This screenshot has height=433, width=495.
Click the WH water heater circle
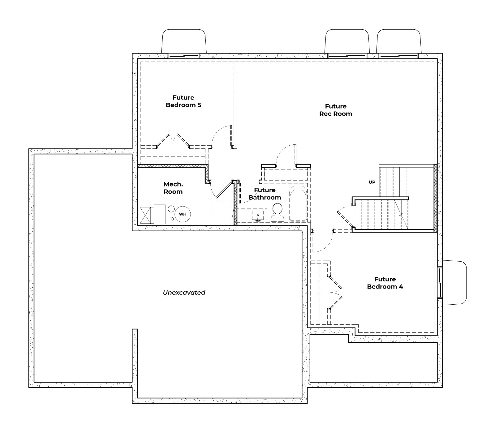[x=183, y=214]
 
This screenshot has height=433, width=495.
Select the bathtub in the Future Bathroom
[x=298, y=203]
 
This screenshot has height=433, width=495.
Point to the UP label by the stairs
[x=372, y=182]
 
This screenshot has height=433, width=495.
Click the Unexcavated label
[x=184, y=293]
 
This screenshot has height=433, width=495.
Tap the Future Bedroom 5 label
[x=183, y=101]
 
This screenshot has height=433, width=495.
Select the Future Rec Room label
[x=336, y=110]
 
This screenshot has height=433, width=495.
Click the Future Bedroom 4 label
[x=385, y=283]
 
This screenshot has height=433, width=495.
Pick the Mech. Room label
[x=173, y=188]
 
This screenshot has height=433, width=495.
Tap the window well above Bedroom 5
[x=184, y=41]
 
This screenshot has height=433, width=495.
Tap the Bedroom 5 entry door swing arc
[x=220, y=135]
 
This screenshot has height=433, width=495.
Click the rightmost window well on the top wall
[x=399, y=41]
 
